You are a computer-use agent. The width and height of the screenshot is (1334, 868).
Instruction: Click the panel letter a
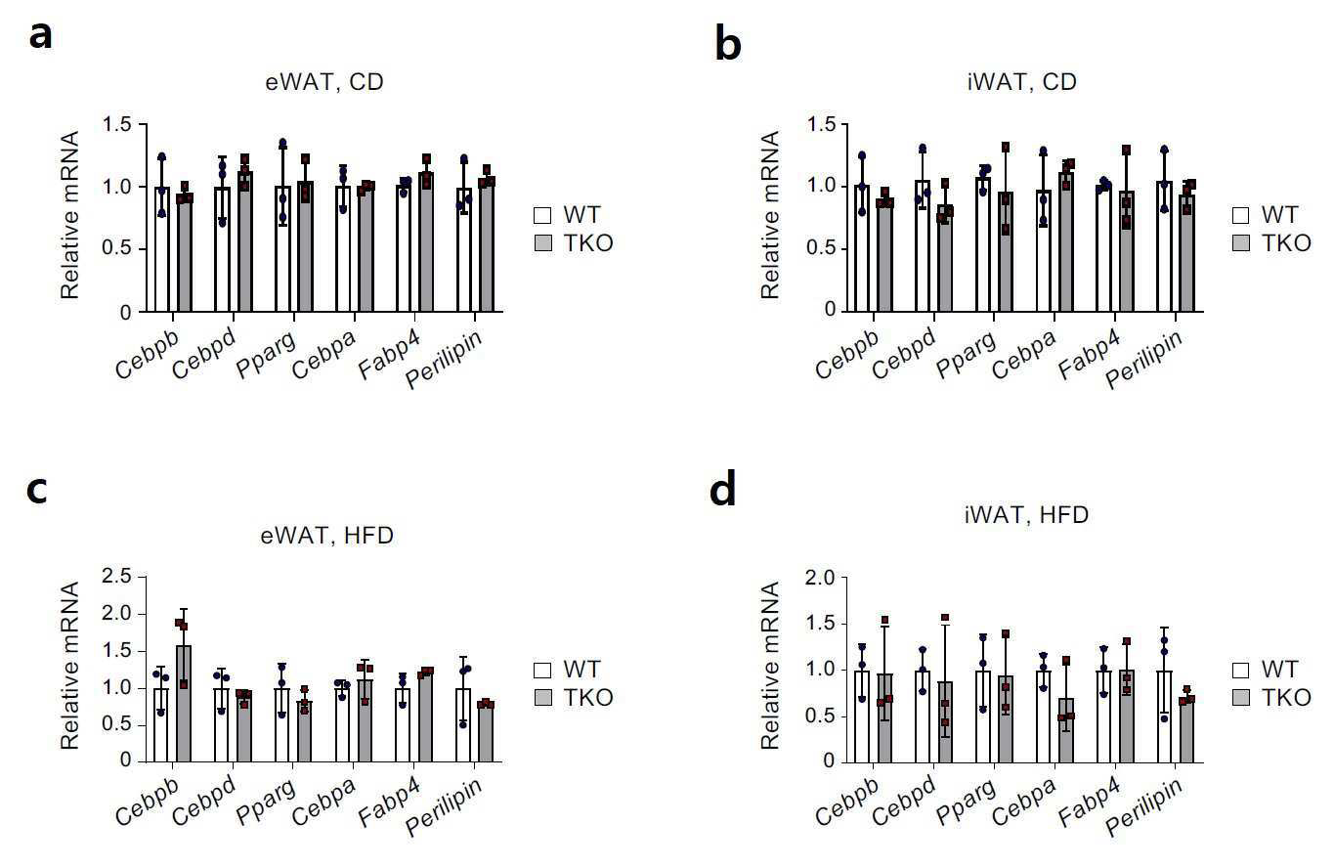pos(40,34)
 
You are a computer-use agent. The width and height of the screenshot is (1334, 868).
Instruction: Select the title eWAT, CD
pos(324,81)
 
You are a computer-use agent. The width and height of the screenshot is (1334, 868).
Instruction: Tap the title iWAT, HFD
pos(1026,514)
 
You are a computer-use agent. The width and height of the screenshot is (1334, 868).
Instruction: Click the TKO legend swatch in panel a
pos(543,243)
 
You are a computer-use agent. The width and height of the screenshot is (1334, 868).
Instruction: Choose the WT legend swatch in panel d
pos(1241,670)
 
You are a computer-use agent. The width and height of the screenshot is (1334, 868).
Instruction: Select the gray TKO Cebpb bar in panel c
pos(184,704)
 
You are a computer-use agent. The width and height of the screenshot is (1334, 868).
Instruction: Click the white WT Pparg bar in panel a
pos(282,249)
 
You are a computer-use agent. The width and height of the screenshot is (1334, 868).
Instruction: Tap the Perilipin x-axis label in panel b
pos(1144,359)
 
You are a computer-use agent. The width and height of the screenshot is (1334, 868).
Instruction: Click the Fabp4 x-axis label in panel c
pos(390,803)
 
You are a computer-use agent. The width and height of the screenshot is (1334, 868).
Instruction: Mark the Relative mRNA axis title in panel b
pos(770,214)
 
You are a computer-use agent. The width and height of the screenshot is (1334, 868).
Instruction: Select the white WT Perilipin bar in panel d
pos(1164,716)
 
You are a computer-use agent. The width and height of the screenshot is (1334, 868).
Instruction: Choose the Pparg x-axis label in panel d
pos(966,803)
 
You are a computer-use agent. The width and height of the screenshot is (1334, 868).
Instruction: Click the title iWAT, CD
pos(1022,81)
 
